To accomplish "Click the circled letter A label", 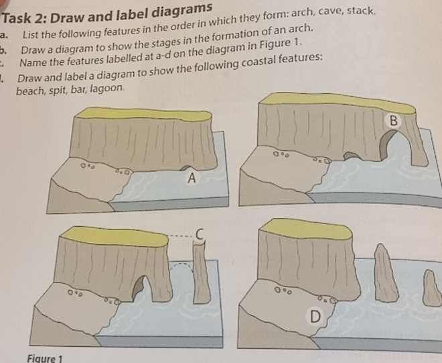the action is click(192, 178).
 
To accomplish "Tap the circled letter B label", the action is click(394, 121).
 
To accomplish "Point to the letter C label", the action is click(199, 235).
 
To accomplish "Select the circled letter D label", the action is click(315, 316).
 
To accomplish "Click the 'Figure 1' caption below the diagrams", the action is click(45, 359).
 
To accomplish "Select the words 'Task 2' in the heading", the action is click(25, 18).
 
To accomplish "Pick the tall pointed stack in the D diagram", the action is click(385, 273).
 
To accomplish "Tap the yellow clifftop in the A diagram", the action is click(144, 114).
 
